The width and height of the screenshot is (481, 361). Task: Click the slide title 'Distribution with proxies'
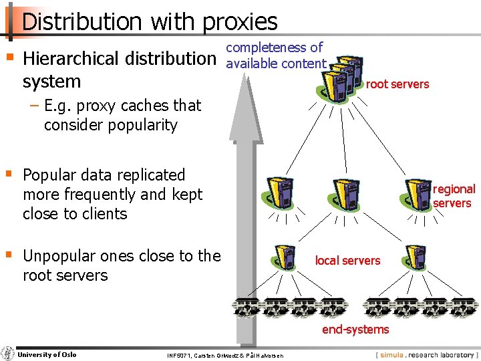pos(149,21)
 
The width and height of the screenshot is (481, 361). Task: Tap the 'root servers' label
pos(397,84)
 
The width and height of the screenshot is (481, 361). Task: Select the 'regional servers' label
pos(454,196)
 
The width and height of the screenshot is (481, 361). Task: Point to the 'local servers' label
pos(347,260)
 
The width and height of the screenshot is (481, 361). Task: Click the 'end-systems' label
pos(355,329)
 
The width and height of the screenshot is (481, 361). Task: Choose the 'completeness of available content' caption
pos(276,55)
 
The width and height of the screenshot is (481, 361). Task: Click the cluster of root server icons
pos(341,76)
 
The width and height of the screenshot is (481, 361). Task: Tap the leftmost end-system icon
pos(245,307)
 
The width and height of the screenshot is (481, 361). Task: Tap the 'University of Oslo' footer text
pos(47,354)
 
